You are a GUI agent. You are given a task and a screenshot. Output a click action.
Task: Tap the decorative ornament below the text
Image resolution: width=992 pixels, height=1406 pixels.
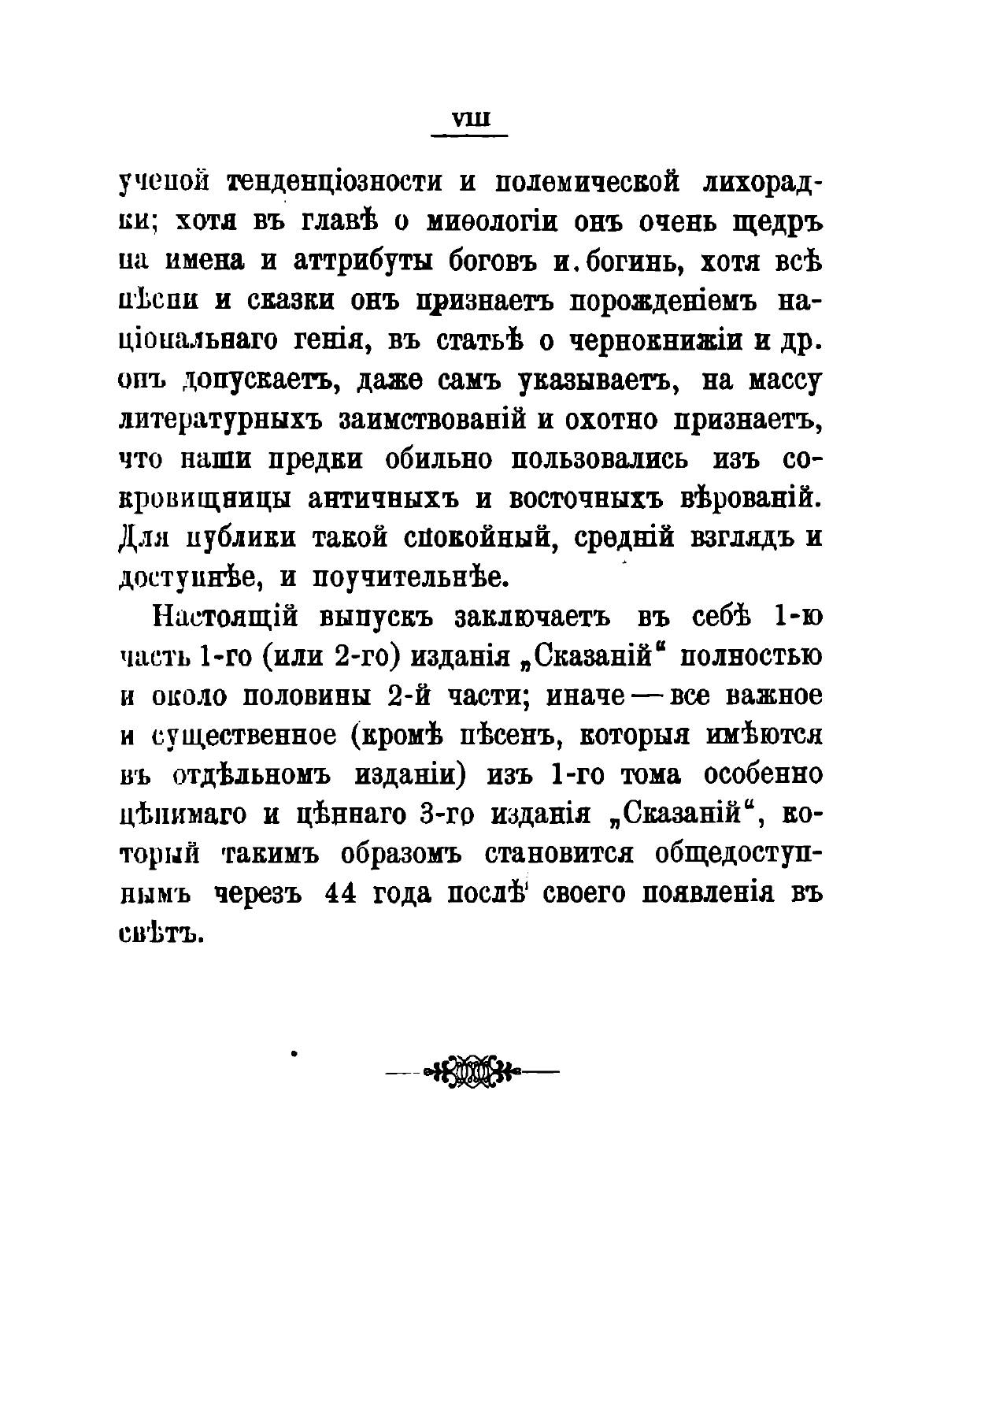tap(471, 1071)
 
